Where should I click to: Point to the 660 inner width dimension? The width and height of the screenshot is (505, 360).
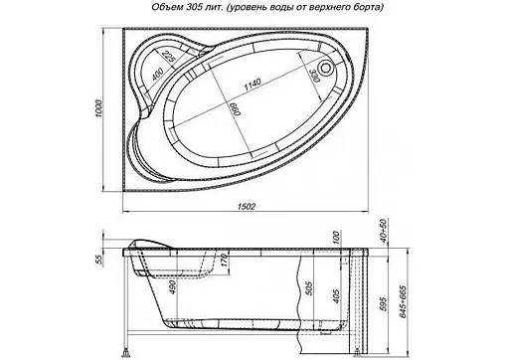click(235, 109)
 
